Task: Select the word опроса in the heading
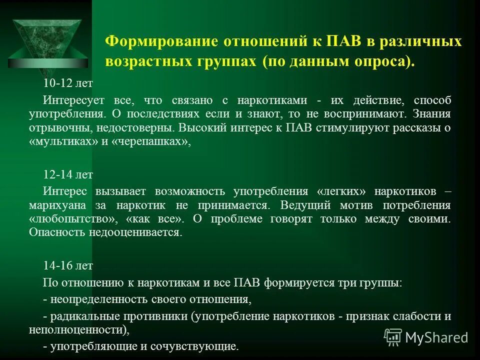384,62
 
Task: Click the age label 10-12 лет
68,82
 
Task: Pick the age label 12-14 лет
68,174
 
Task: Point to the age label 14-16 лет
68,266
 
